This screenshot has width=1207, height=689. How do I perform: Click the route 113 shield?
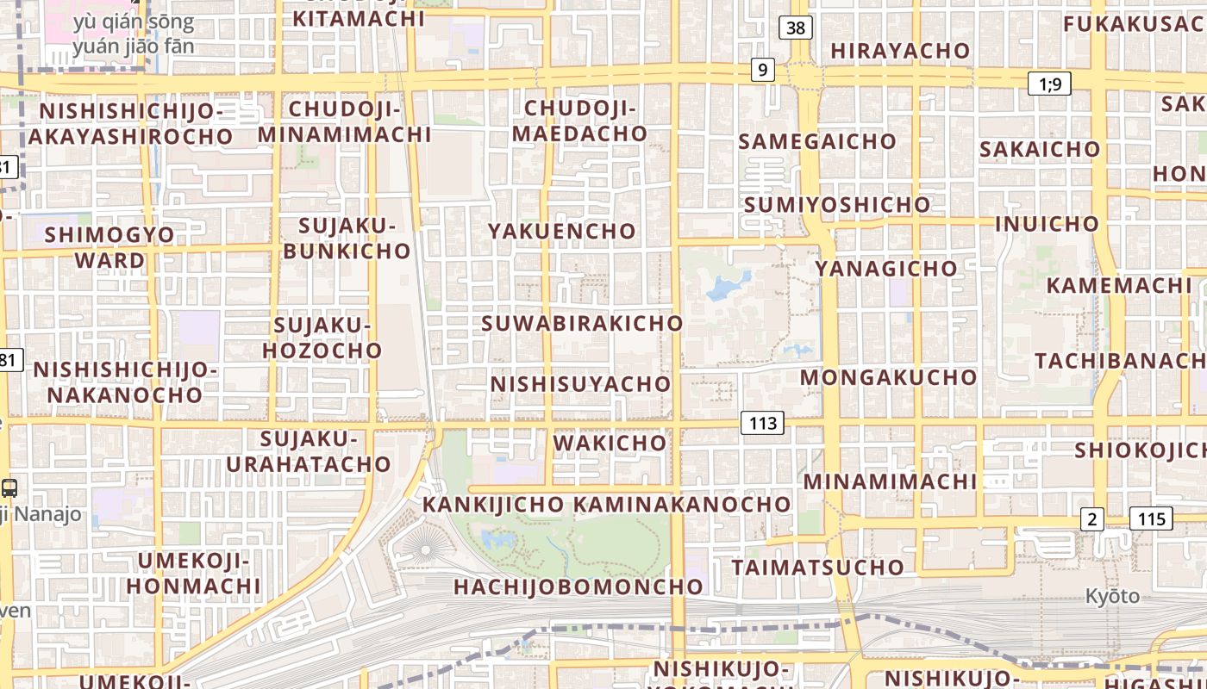coord(762,422)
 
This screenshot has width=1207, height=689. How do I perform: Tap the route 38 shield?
coord(795,28)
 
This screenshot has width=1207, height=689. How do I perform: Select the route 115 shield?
coord(1151,518)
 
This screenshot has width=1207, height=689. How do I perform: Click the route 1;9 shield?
coord(1049,84)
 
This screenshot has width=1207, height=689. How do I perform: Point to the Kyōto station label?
coord(1111,596)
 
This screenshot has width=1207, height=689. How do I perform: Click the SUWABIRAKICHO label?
coord(582,323)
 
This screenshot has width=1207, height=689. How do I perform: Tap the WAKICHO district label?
coord(610,443)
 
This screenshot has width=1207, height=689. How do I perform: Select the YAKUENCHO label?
coord(562,231)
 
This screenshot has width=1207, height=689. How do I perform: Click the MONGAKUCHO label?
coord(888,377)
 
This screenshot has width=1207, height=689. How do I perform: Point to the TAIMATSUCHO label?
coord(817,568)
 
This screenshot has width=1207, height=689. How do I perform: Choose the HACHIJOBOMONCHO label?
coord(578,587)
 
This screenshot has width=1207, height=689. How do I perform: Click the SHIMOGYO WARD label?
coord(109,247)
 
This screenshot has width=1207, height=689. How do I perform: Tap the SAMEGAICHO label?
coord(817,141)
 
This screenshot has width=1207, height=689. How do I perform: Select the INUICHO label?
coord(1047,224)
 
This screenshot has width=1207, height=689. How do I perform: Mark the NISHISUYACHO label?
coord(580,383)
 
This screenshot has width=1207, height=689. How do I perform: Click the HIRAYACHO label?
coord(900,51)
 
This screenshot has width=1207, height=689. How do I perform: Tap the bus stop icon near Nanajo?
coord(9,487)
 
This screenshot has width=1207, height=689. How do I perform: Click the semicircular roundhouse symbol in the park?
coord(422,546)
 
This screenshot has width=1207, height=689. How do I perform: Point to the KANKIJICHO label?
coord(493,504)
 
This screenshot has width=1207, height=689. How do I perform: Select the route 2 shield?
coord(1092,518)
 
